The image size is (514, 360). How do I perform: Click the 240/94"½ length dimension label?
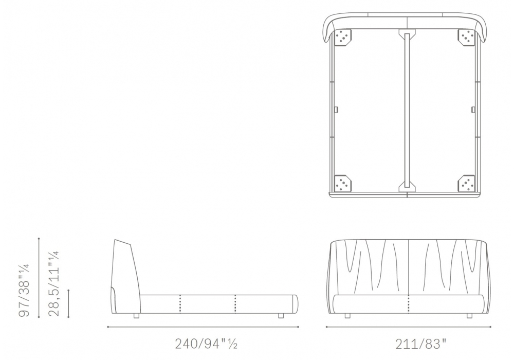[206, 344]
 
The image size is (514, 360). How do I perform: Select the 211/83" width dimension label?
[421, 344]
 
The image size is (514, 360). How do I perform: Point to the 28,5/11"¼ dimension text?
[53, 283]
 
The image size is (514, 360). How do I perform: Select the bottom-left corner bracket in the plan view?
[343, 183]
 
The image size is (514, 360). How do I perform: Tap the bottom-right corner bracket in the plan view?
[466, 183]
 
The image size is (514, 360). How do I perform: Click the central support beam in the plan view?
[407, 110]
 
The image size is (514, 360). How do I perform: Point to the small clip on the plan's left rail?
[337, 109]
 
